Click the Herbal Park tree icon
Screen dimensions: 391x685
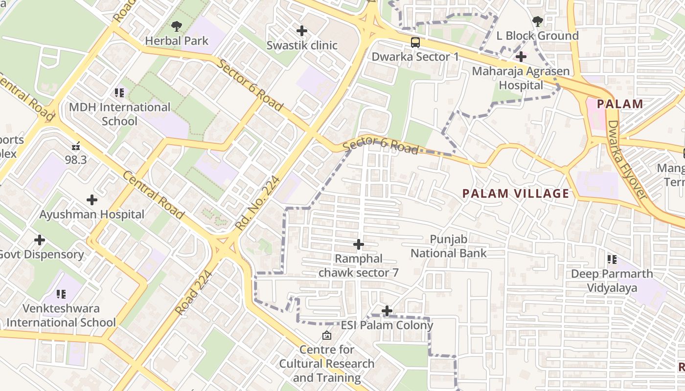pos(176,26)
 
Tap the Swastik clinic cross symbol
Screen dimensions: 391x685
pos(302,31)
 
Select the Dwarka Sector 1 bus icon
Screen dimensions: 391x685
pos(415,42)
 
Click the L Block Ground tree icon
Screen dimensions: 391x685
pos(537,21)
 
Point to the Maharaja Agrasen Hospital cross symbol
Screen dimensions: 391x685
pos(521,57)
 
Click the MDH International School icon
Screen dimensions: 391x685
pos(119,92)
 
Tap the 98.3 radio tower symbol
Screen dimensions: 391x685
pos(76,146)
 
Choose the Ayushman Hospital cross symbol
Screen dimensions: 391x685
pos(91,200)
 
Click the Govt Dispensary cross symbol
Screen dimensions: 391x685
pos(40,240)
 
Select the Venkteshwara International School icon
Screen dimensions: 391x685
pos(61,294)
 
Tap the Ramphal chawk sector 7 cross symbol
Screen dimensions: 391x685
pos(359,244)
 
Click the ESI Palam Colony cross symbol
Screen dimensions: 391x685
pos(387,310)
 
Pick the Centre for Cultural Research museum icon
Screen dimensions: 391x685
pos(326,335)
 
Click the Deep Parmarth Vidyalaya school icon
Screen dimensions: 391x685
pos(612,259)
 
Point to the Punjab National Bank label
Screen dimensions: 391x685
pos(449,246)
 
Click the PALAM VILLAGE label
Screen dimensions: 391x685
pos(516,194)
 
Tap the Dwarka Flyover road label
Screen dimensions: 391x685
pos(627,159)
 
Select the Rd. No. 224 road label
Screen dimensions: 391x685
pos(257,203)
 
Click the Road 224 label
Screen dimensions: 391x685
pos(194,292)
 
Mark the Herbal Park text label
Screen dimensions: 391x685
pos(177,41)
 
